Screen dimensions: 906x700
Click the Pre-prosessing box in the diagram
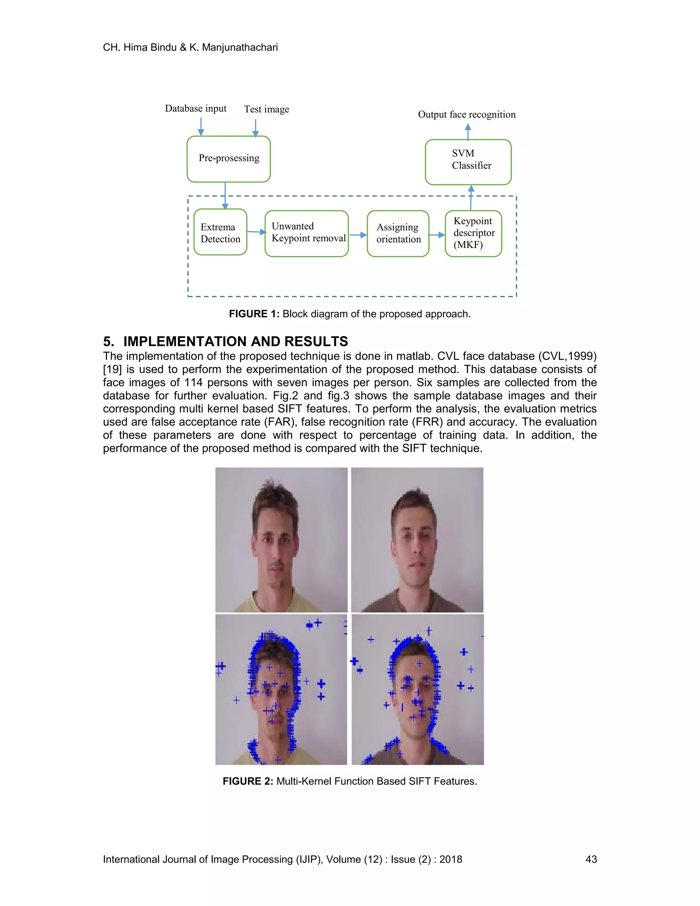tap(229, 159)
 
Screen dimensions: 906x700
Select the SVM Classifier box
tap(468, 162)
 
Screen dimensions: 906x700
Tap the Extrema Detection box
tap(220, 232)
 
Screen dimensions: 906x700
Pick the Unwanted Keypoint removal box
tap(307, 233)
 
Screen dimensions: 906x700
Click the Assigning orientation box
tap(398, 234)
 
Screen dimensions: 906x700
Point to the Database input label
tap(196, 109)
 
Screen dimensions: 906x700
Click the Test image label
tap(267, 109)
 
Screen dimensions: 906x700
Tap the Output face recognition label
tap(467, 115)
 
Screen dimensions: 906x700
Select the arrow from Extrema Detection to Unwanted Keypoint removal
tap(256, 232)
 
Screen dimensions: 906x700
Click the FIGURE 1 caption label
tap(254, 314)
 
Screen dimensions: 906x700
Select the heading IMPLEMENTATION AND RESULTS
tap(235, 342)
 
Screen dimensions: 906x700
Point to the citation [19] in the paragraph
tap(112, 369)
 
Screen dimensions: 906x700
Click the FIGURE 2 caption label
tap(247, 781)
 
